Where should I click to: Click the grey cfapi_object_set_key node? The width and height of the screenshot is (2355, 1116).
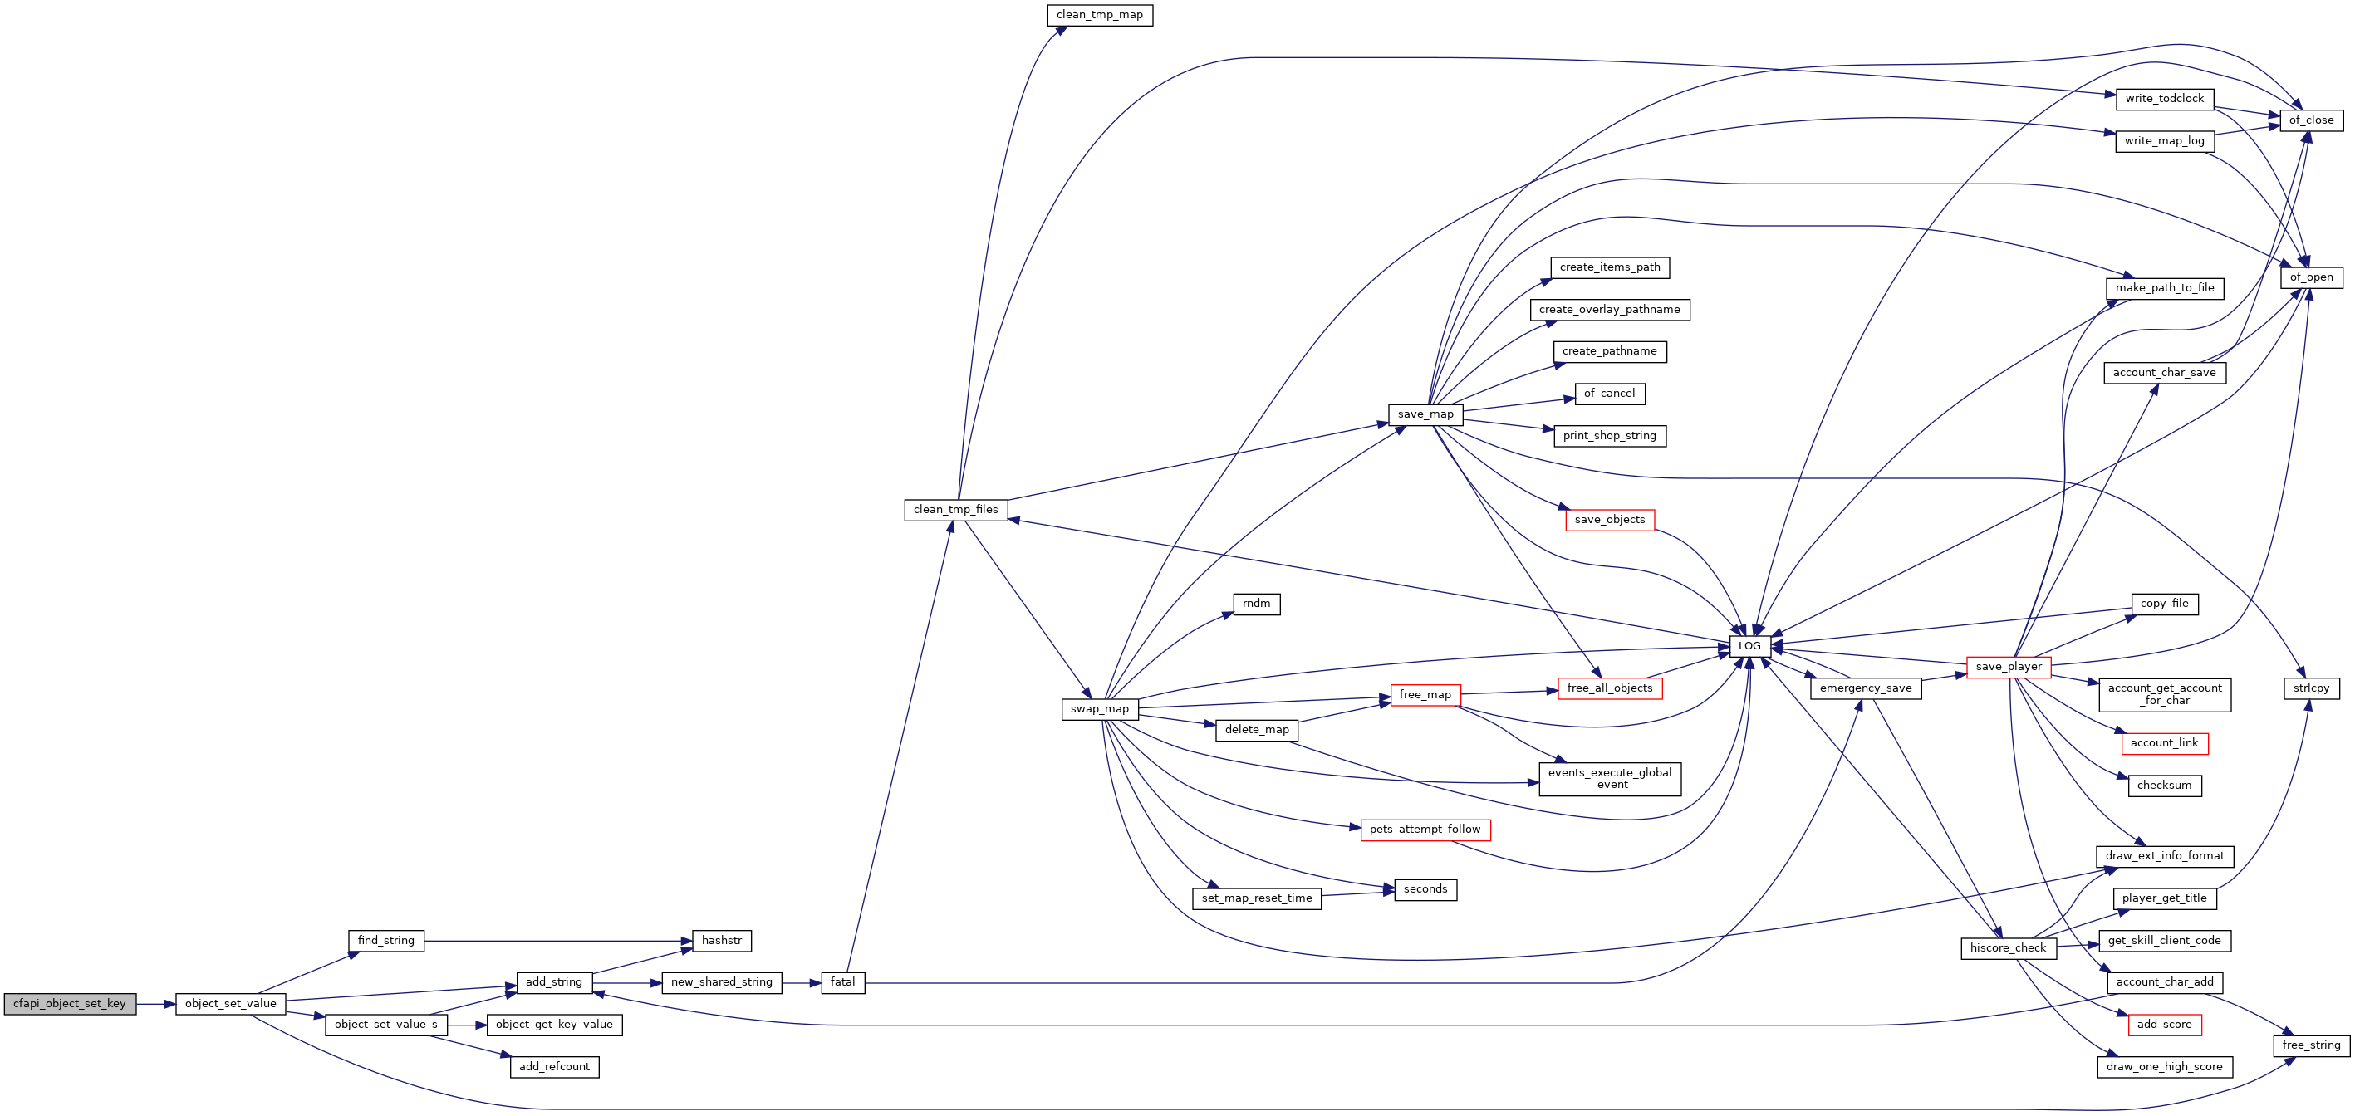71,1004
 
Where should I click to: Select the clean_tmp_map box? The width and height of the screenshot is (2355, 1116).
1100,15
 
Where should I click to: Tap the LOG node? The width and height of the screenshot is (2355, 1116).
1749,646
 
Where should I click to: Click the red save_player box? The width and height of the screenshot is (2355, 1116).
2009,668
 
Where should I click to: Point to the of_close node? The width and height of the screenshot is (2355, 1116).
2311,120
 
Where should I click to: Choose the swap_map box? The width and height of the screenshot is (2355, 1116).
1100,709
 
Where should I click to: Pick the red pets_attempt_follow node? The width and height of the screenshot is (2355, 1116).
1425,830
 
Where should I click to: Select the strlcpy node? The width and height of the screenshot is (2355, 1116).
2311,688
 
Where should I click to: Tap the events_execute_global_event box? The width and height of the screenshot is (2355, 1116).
1610,779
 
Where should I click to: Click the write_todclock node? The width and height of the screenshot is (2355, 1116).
2165,99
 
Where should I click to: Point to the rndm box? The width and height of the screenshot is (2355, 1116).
1257,604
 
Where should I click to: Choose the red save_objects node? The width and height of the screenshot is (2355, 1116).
1610,520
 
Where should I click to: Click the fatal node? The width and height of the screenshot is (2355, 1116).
843,982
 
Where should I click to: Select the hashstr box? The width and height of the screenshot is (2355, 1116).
722,941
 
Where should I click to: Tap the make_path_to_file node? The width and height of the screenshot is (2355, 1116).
2165,288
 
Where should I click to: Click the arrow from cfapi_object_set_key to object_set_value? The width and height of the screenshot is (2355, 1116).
156,1004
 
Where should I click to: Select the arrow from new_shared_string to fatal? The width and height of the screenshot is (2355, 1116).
802,982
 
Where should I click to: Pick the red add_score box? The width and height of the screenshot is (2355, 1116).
2165,1025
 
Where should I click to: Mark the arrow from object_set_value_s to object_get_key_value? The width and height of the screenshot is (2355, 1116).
467,1025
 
